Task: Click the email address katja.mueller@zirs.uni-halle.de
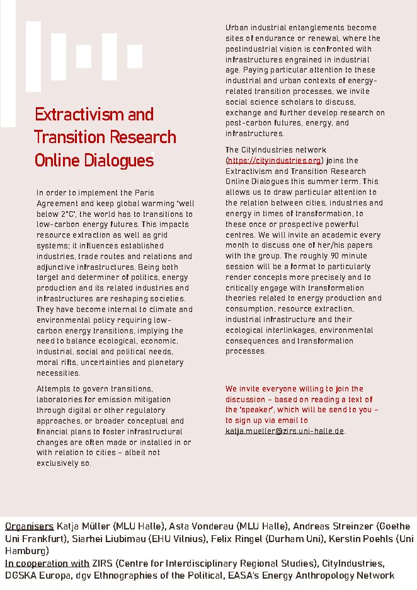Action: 285,431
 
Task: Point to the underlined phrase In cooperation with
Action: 47,563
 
